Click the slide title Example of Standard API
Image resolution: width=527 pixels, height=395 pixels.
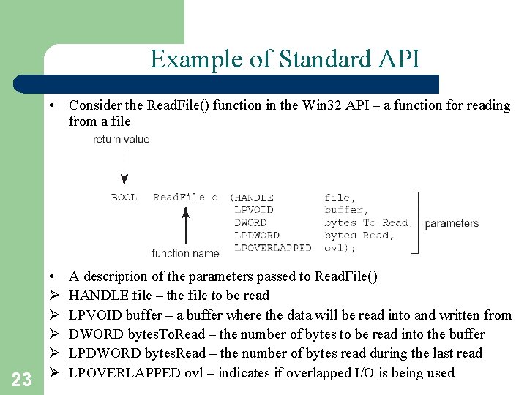pyautogui.click(x=285, y=59)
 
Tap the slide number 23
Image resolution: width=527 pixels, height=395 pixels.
pyautogui.click(x=22, y=379)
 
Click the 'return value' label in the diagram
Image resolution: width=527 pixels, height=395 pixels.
pyautogui.click(x=121, y=139)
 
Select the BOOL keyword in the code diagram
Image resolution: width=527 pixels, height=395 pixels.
pyautogui.click(x=124, y=197)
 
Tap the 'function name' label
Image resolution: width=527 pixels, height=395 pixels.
pyautogui.click(x=185, y=254)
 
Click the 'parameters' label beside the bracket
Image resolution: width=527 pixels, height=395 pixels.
pyautogui.click(x=452, y=223)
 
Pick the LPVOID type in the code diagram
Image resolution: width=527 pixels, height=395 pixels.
pyautogui.click(x=253, y=210)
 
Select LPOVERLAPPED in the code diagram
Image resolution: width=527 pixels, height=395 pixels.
pyautogui.click(x=272, y=248)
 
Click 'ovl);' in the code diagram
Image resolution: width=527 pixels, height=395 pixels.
pyautogui.click(x=340, y=248)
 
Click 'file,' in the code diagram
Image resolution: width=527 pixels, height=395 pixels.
pyautogui.click(x=337, y=197)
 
